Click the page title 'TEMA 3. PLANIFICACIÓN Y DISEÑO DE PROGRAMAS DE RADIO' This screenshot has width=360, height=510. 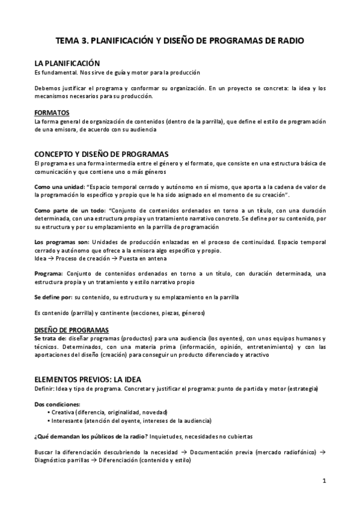tap(180, 41)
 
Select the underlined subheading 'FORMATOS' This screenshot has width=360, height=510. tap(52, 113)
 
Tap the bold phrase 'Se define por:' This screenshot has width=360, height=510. tap(53, 297)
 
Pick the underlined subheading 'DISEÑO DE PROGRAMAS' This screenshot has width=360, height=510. tap(72, 330)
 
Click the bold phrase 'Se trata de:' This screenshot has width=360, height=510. tap(50, 338)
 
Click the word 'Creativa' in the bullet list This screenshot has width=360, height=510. tap(64, 412)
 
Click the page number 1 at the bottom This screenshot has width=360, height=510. tap(323, 481)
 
